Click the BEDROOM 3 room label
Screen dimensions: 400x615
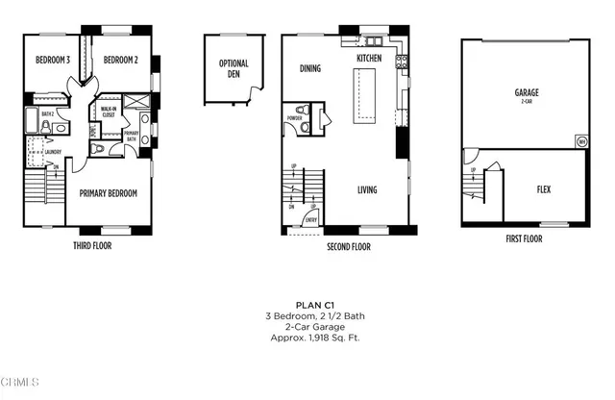point(53,60)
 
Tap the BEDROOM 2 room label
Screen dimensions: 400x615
point(121,60)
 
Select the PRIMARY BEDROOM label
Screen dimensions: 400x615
point(108,193)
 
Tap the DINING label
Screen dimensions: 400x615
point(309,68)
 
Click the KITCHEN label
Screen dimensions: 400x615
point(369,59)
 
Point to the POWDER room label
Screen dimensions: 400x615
point(294,119)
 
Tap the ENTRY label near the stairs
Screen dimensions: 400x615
point(311,220)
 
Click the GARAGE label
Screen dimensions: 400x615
point(526,93)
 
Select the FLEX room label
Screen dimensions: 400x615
point(543,189)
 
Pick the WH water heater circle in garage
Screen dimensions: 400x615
point(580,141)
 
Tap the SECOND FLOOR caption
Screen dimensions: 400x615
point(348,246)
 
